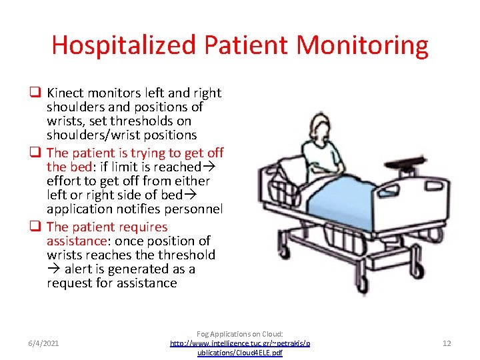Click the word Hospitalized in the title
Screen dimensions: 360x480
click(x=124, y=45)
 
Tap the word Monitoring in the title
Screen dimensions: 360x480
click(x=362, y=45)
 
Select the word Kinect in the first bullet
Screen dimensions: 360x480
click(x=66, y=93)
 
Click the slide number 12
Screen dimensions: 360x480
click(x=447, y=343)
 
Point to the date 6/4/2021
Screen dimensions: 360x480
click(x=43, y=343)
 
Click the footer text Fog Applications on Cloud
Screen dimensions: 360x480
click(x=240, y=333)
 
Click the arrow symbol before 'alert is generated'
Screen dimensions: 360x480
click(x=53, y=269)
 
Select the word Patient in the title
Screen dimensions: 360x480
click(x=245, y=45)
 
